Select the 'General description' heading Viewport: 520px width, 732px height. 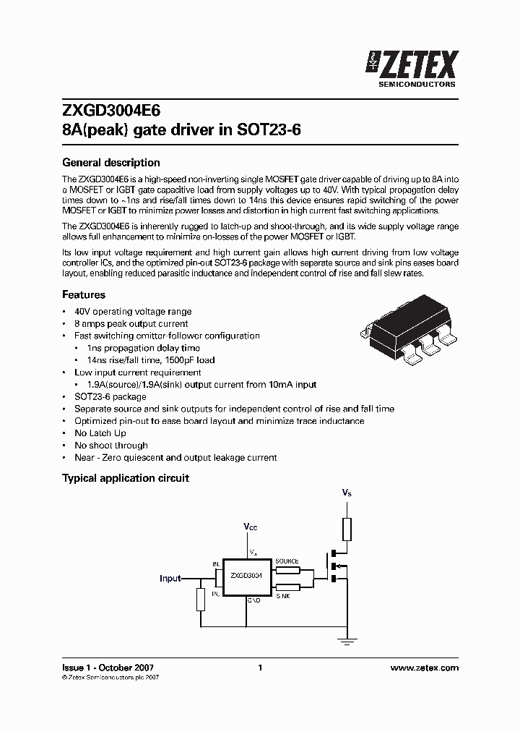pos(111,163)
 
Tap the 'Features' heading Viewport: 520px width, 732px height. pos(84,295)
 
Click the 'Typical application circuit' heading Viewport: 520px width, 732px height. pos(126,478)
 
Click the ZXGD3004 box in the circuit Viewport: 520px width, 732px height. pos(246,576)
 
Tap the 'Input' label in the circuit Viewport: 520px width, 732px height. pos(170,579)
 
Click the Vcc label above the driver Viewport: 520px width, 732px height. pos(250,528)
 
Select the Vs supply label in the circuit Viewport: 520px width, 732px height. pos(347,493)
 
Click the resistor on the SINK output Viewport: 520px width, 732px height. pos(287,587)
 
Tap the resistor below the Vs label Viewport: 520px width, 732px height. pos(347,529)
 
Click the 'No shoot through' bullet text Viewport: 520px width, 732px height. pos(111,446)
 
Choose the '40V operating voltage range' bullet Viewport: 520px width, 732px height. pos(133,312)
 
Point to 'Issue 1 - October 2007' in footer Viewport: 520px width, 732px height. pos(108,668)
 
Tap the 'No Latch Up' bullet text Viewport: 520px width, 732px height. pos(100,433)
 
